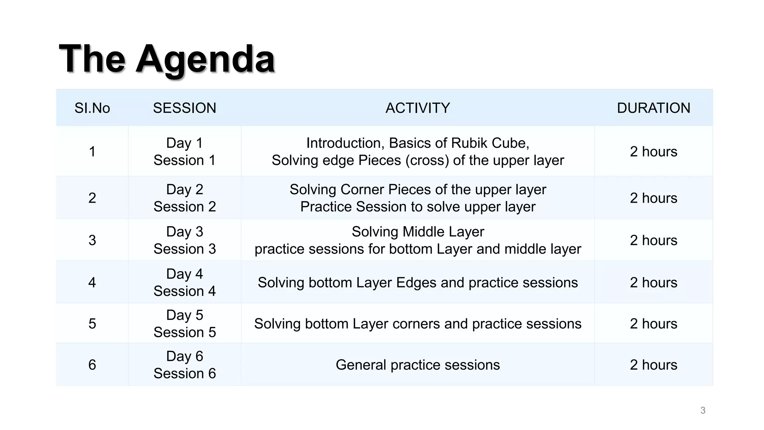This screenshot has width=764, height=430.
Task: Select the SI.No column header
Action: click(92, 108)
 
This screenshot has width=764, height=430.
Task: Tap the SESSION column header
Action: click(184, 108)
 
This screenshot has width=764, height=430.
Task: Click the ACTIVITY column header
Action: click(417, 108)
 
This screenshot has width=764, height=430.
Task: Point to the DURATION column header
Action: click(653, 108)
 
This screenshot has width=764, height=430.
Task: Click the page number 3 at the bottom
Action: click(703, 410)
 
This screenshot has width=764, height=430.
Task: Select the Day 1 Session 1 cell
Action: click(184, 152)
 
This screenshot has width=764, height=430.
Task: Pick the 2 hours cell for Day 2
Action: click(653, 198)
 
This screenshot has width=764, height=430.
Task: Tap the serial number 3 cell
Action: click(92, 240)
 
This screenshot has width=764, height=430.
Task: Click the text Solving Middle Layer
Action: click(417, 232)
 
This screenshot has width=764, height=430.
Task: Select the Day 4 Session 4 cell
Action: click(184, 283)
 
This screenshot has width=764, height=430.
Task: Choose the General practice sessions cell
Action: click(417, 365)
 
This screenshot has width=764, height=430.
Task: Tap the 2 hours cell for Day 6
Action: click(653, 365)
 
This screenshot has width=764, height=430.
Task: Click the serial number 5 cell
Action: click(92, 324)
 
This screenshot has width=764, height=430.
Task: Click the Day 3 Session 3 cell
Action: click(184, 240)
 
